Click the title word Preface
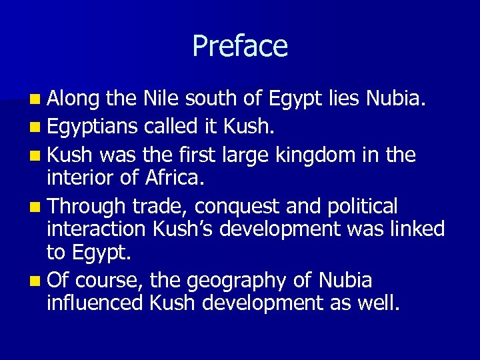[x=240, y=46]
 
